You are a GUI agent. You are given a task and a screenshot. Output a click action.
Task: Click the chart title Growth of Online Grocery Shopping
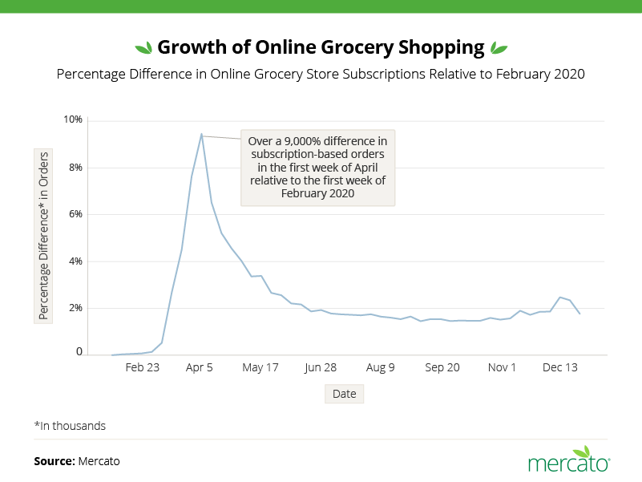tap(321, 47)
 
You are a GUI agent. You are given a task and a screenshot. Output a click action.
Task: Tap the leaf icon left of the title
tap(143, 47)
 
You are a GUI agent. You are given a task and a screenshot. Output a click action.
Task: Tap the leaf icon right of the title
tap(499, 47)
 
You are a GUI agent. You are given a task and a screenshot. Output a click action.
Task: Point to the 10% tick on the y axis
tap(73, 120)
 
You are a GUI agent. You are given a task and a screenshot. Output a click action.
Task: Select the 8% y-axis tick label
tap(75, 168)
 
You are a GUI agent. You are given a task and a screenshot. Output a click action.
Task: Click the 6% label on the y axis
tap(75, 214)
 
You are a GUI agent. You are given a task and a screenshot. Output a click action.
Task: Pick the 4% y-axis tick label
tap(75, 261)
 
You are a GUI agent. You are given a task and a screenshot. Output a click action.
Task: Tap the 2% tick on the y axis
tap(75, 308)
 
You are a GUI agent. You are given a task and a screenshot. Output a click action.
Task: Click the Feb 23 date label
tap(142, 367)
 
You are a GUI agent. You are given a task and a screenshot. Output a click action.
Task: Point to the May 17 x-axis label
tap(260, 367)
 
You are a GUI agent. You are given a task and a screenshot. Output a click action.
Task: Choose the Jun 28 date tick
tap(321, 367)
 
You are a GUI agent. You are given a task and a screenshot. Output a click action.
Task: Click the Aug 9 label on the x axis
tap(381, 367)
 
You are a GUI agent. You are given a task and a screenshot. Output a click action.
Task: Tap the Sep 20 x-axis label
tap(442, 367)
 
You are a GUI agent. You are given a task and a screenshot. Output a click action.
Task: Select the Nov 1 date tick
tap(502, 367)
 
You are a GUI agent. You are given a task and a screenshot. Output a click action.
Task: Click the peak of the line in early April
tap(201, 134)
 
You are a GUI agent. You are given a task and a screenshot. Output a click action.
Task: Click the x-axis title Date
tap(344, 394)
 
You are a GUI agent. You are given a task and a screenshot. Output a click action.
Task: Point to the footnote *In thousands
tap(70, 426)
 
